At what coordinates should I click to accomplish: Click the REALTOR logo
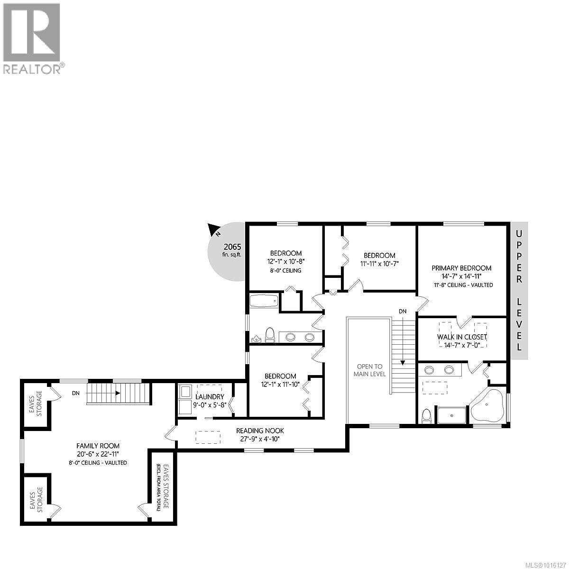[32, 38]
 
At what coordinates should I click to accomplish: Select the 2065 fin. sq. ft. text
[233, 250]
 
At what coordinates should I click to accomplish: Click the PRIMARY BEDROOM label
[461, 268]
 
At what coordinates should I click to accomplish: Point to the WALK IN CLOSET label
[462, 337]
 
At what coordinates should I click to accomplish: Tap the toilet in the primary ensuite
[426, 415]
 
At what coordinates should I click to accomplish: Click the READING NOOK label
[260, 431]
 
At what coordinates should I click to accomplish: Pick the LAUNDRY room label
[209, 396]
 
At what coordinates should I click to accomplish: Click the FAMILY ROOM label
[98, 446]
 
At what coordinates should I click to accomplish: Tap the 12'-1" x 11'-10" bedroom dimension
[281, 385]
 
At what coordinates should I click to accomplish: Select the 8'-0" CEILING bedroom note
[286, 271]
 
